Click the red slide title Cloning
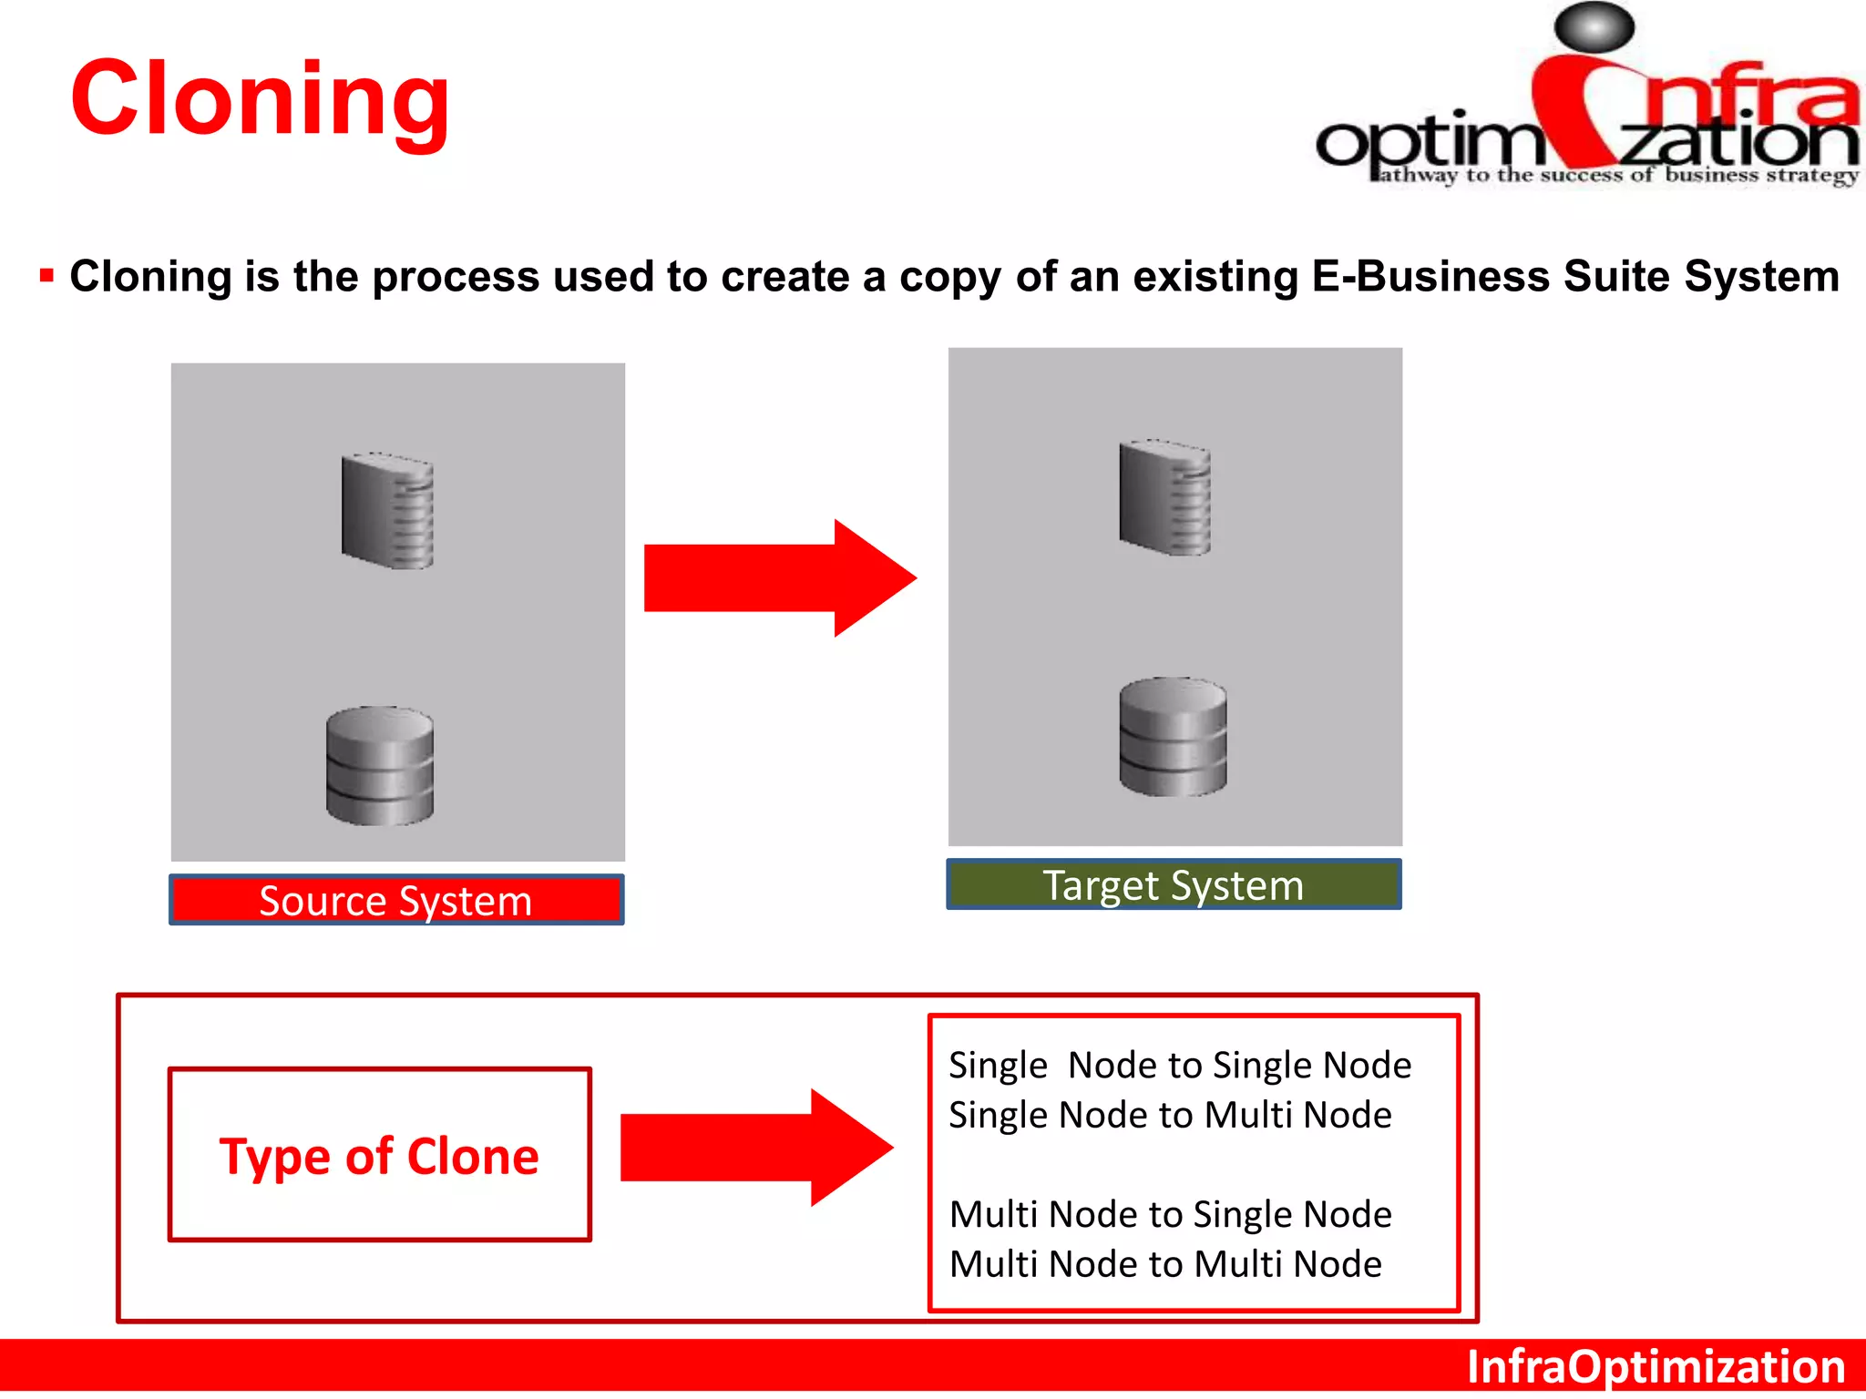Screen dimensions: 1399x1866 [260, 98]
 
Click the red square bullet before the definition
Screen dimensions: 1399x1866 [46, 275]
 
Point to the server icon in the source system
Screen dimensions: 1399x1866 [387, 511]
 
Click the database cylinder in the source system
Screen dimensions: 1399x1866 [380, 766]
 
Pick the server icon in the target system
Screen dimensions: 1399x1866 [1165, 497]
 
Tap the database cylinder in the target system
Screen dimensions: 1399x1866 [1173, 737]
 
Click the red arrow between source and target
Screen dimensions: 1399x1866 [779, 578]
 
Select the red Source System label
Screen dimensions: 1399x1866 [396, 901]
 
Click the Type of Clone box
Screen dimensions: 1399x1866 [380, 1155]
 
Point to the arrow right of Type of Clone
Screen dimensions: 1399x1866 [756, 1148]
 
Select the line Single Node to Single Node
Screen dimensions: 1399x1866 [1180, 1065]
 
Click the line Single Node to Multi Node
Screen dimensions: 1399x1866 [1170, 1115]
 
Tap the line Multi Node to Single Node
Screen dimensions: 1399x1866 [1170, 1214]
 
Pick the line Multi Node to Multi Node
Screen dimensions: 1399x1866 [1165, 1264]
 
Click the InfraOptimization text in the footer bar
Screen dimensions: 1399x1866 [1656, 1367]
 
